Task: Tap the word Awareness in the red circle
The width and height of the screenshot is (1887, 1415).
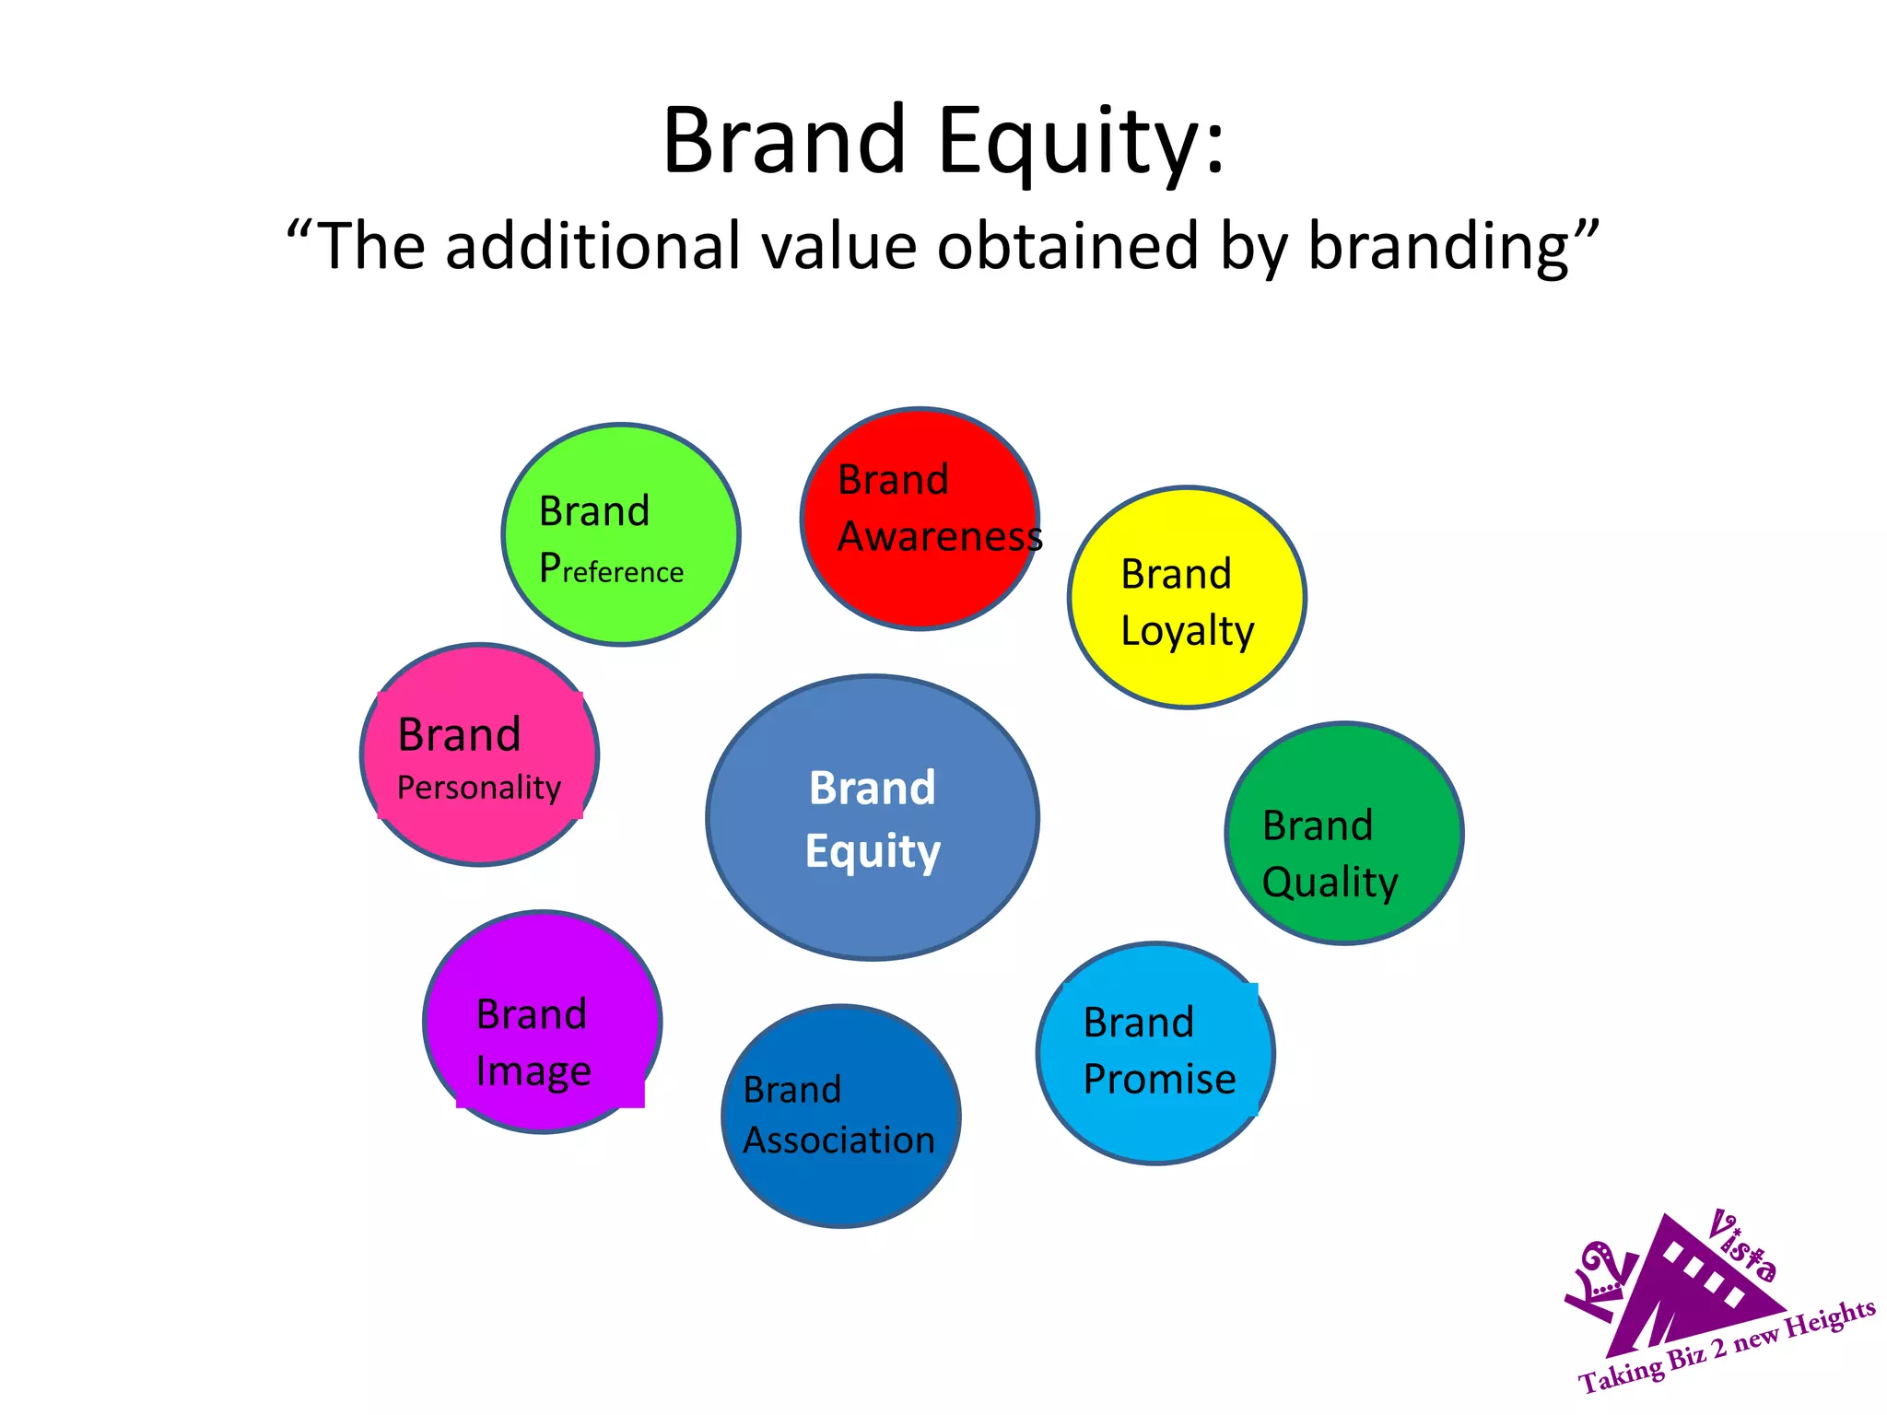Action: (x=939, y=537)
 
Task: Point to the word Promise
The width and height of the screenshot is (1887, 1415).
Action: (x=1159, y=1080)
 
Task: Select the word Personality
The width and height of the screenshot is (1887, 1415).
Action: (x=479, y=789)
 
